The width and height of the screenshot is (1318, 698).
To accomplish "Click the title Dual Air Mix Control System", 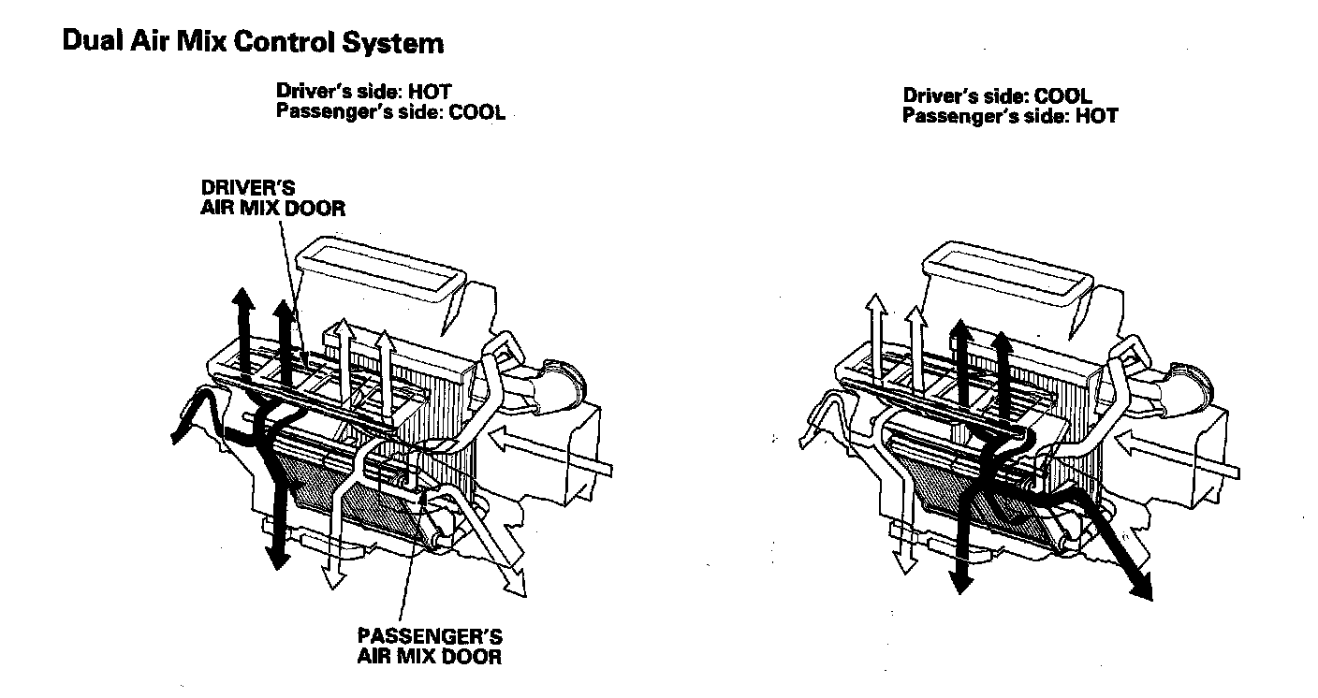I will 253,43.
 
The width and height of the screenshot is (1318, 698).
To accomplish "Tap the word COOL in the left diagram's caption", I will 477,112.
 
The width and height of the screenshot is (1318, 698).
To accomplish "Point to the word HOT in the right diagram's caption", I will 1097,117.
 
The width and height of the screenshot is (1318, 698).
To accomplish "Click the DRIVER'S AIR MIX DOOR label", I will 272,198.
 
